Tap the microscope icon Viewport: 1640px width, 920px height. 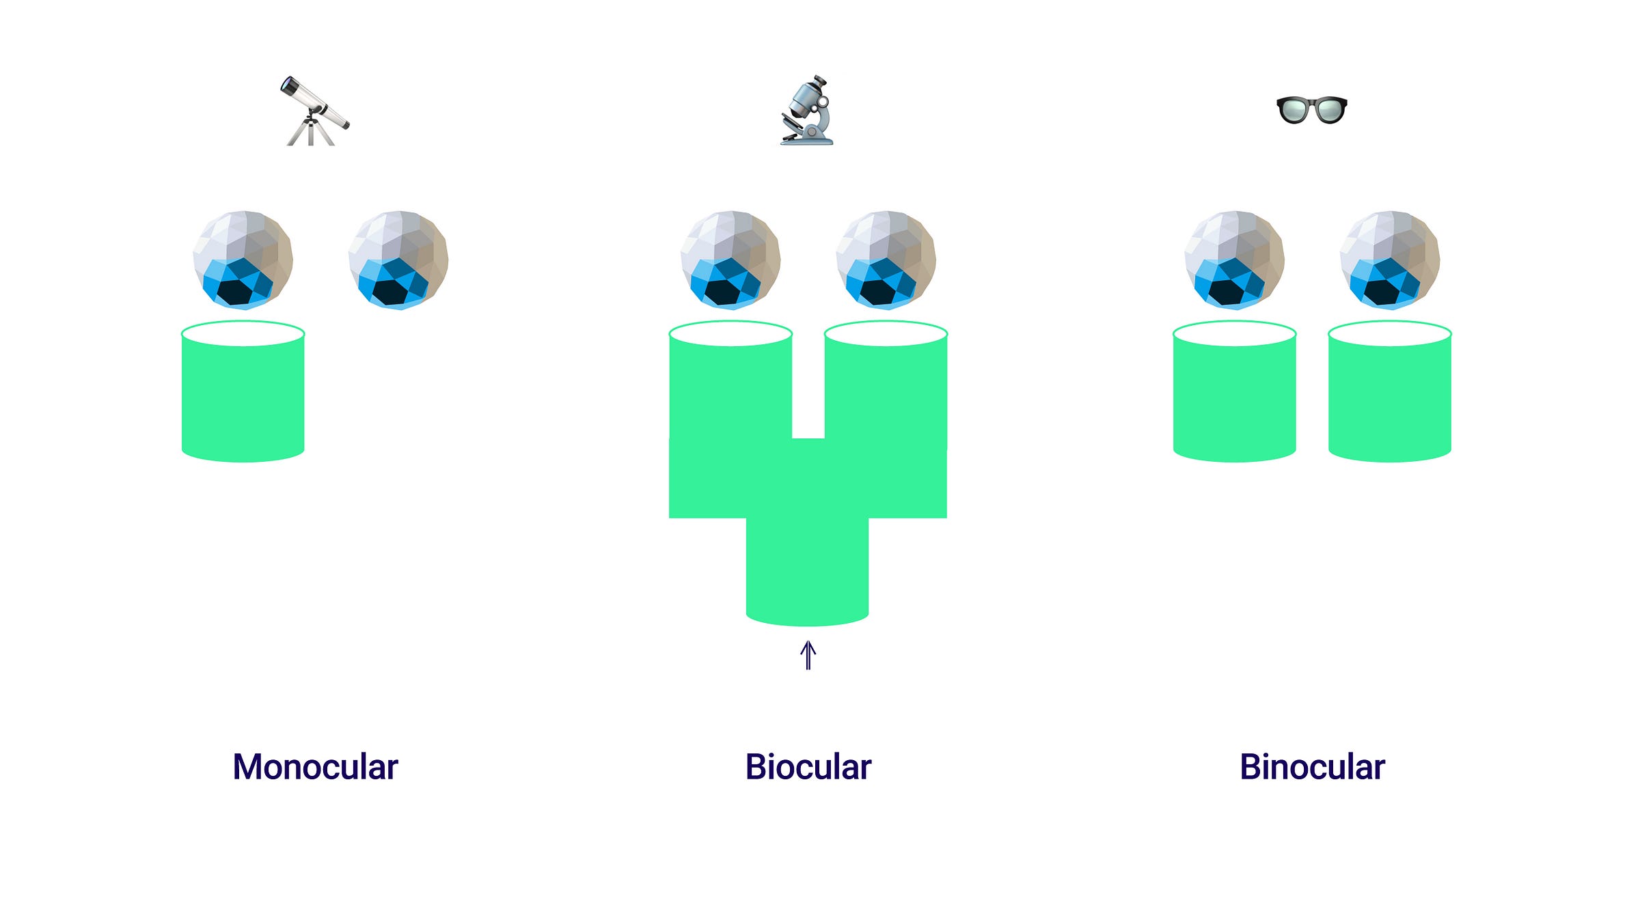[808, 111]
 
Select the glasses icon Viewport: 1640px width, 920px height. [1311, 110]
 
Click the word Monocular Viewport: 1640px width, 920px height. [315, 766]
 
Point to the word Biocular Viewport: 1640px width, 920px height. [808, 766]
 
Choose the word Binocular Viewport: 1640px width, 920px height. [1312, 766]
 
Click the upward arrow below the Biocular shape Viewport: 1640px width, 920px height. [808, 655]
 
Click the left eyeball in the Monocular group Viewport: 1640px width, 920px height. [243, 260]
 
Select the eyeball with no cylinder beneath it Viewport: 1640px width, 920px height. [398, 260]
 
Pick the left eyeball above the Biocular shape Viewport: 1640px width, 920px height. [730, 260]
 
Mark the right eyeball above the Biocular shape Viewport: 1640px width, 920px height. [886, 260]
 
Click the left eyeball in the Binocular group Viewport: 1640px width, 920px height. [1234, 260]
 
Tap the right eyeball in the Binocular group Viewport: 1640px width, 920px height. [1389, 260]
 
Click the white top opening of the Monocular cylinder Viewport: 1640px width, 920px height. [243, 334]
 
